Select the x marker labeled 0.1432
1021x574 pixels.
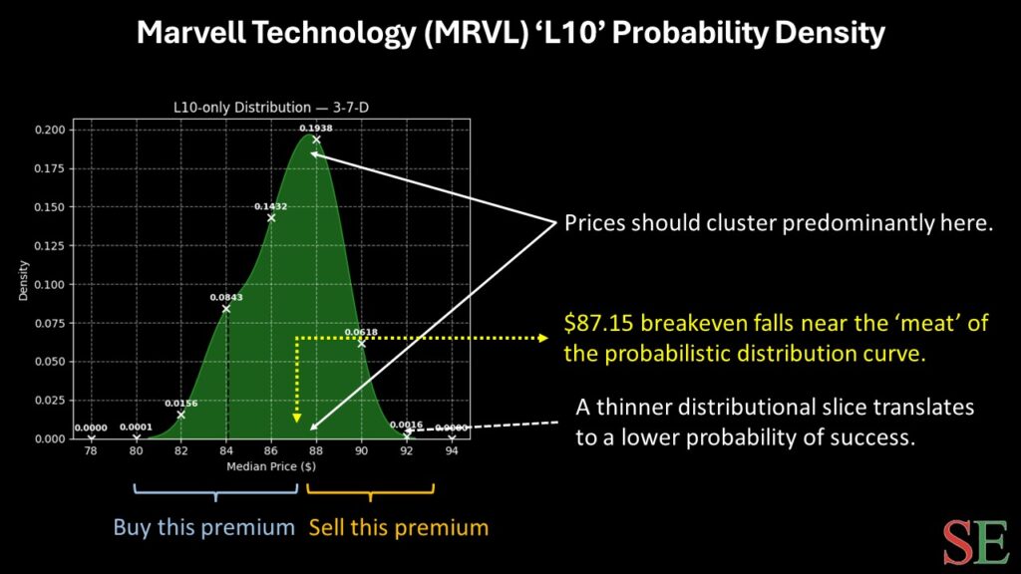(271, 217)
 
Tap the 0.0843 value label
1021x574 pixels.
(226, 297)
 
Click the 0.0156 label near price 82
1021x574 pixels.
(180, 404)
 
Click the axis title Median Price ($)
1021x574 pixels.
(271, 466)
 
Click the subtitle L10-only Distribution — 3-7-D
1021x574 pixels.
(271, 108)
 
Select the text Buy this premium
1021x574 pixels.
(203, 527)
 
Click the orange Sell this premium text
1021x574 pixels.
(399, 527)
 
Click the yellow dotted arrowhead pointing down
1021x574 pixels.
(297, 418)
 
